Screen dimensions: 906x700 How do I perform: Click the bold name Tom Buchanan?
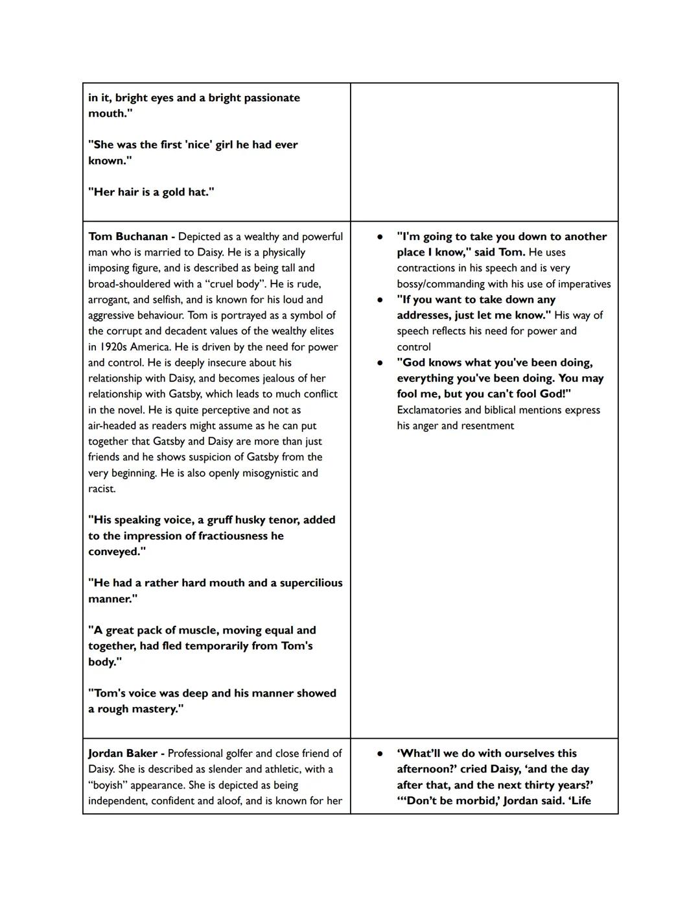[x=128, y=237]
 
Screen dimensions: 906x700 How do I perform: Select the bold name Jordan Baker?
[x=122, y=754]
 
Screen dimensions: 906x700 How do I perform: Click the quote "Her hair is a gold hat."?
[x=151, y=192]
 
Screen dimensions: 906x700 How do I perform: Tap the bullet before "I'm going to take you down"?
[x=380, y=237]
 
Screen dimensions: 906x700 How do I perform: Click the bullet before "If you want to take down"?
[x=380, y=300]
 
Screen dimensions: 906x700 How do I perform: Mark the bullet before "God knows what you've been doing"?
[x=380, y=363]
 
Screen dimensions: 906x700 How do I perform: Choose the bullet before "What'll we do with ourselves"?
[x=380, y=754]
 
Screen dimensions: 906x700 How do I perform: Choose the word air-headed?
[x=112, y=426]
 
